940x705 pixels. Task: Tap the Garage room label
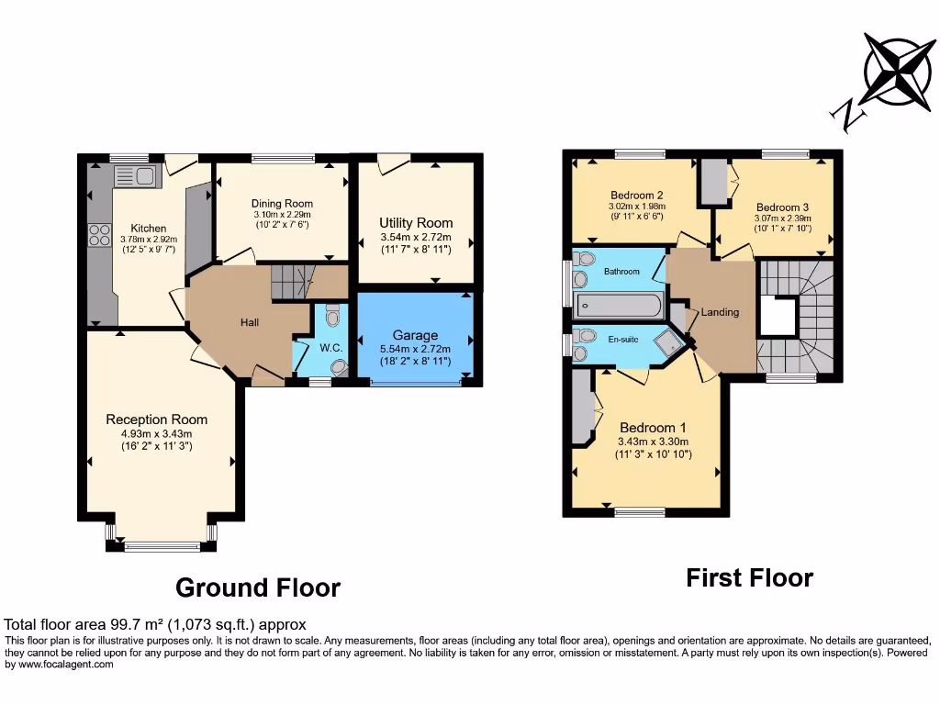[x=415, y=335]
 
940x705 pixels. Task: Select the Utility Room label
[x=416, y=222]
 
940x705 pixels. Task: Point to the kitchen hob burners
[x=99, y=235]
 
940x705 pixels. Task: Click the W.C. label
[x=331, y=348]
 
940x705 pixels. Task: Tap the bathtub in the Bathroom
[x=618, y=304]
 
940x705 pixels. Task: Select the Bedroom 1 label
[x=653, y=428]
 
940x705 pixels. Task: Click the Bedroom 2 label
[x=637, y=195]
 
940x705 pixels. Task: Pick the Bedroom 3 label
[x=783, y=207]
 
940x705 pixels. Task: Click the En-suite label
[x=622, y=339]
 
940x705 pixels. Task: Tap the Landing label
[x=720, y=312]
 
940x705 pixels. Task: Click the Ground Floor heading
[x=257, y=587]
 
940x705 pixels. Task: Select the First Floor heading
[x=749, y=578]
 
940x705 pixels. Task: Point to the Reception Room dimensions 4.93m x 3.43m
[x=156, y=434]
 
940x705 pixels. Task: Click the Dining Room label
[x=282, y=203]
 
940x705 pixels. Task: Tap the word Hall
[x=250, y=322]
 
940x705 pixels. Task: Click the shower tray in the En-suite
[x=668, y=341]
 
